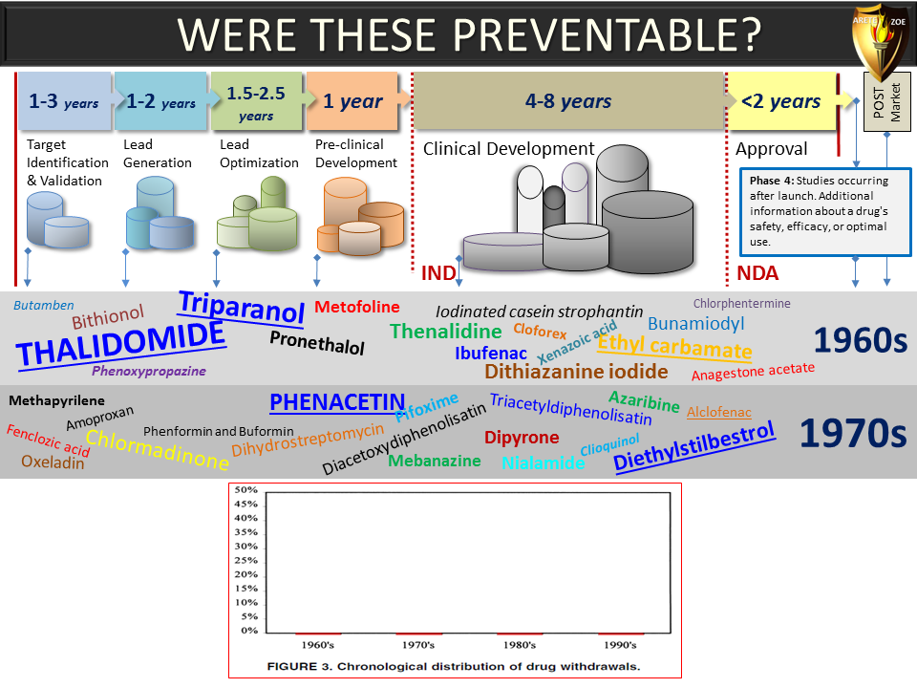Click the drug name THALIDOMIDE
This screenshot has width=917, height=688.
[120, 344]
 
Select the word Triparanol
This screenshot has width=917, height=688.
[242, 307]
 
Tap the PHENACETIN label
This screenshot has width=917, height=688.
[337, 402]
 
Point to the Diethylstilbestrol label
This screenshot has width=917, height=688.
[694, 446]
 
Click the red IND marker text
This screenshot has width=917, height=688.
[438, 273]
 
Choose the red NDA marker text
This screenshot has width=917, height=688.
[757, 273]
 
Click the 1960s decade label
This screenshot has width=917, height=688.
[861, 340]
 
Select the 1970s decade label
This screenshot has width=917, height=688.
[853, 434]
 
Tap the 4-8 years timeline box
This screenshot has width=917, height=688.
[568, 100]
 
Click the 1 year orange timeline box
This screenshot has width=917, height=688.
[352, 100]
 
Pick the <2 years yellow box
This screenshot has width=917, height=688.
[780, 100]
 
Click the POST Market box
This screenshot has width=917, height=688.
[886, 102]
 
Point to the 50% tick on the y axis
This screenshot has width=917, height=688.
[245, 489]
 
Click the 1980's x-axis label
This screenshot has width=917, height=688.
[520, 645]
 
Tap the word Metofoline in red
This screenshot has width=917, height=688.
[356, 307]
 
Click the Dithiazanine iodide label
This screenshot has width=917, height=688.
[576, 372]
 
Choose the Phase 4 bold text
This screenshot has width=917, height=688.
[772, 181]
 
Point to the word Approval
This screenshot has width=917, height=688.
[772, 149]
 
